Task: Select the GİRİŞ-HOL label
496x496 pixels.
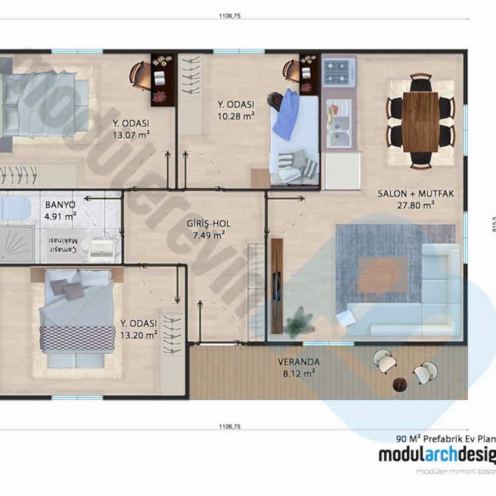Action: coord(208,224)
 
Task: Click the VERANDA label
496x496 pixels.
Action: coord(298,362)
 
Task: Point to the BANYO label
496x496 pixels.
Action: coord(60,205)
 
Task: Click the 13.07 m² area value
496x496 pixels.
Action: coord(131,134)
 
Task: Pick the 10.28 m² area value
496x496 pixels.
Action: coord(236,116)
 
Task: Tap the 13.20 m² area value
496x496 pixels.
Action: coord(138,334)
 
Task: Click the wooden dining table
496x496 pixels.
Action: coord(420,122)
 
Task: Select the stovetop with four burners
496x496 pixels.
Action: coord(339,72)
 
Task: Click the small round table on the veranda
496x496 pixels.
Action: coord(399,384)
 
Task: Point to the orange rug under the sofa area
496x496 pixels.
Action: coord(382,275)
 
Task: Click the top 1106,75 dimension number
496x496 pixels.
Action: coord(229,16)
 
